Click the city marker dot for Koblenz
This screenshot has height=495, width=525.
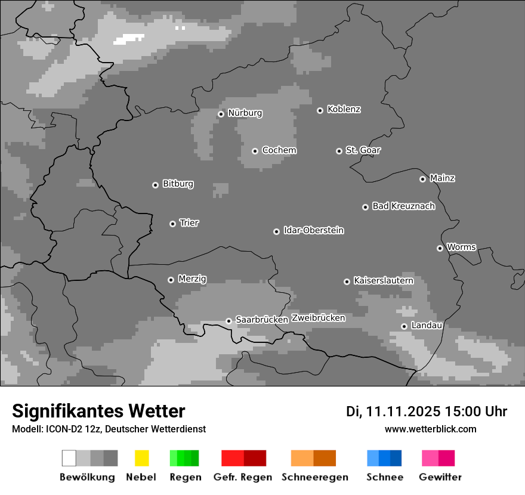point(320,110)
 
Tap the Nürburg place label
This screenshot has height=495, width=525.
point(245,113)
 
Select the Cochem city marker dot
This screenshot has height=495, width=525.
point(255,151)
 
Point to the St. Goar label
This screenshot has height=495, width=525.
point(363,150)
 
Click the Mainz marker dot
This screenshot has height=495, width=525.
point(422,179)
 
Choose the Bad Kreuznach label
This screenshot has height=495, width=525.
point(403,206)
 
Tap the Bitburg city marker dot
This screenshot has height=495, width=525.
point(155,185)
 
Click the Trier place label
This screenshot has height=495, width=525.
point(189,222)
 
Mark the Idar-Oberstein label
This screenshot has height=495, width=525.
point(313,230)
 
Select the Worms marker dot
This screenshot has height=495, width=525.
point(440,248)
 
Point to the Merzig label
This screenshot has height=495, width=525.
point(192,279)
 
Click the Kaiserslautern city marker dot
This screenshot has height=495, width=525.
point(347,281)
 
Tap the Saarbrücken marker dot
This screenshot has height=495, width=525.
point(228,321)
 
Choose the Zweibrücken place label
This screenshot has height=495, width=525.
point(318,318)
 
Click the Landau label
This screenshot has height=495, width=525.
point(427,325)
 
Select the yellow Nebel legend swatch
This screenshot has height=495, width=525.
point(141,458)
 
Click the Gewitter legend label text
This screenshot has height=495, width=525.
point(440,477)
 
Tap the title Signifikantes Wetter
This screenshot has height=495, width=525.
point(98,411)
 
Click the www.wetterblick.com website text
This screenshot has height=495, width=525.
point(430,429)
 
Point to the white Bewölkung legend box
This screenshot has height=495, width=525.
point(69,458)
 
